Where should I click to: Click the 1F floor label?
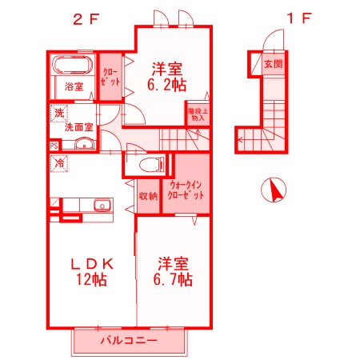[x=297, y=18]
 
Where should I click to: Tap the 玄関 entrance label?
[x=274, y=63]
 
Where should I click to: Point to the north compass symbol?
[x=274, y=191]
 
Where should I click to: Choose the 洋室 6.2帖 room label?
[x=168, y=74]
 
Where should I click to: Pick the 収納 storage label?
[x=147, y=194]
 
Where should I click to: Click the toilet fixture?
[x=149, y=166]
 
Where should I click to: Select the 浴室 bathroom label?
[x=74, y=86]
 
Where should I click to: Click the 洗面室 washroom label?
[x=79, y=126]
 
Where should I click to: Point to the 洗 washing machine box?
[x=59, y=114]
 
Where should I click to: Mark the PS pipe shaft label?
[x=54, y=145]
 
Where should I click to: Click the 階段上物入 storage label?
[x=198, y=114]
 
